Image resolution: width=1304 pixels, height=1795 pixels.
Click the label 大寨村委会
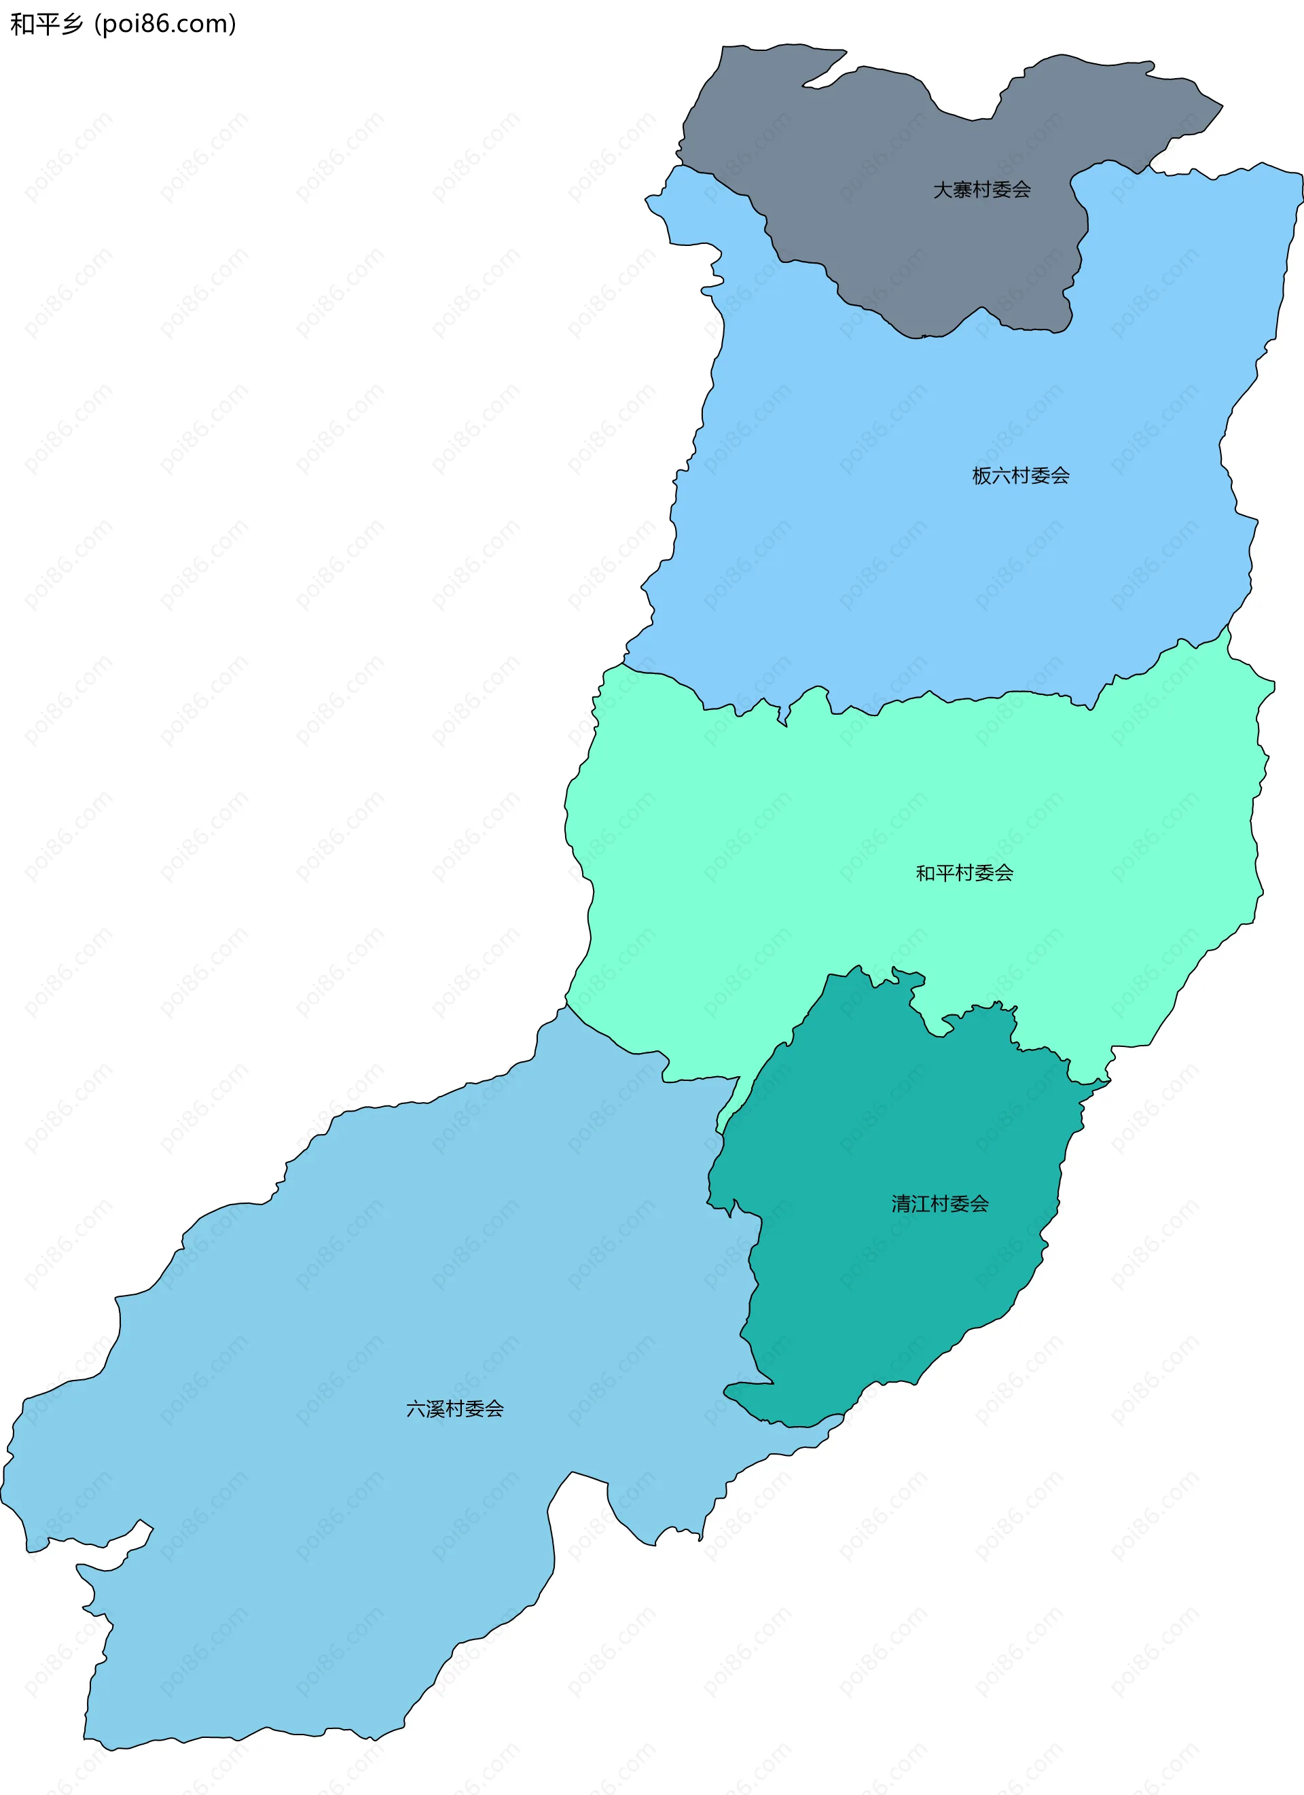click(x=981, y=190)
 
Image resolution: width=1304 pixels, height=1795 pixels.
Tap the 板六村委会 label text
click(x=1020, y=476)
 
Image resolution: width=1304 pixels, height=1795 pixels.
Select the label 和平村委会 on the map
click(x=964, y=873)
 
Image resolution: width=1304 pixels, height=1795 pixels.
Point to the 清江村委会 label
click(x=939, y=1204)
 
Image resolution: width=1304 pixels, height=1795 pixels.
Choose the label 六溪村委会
click(x=454, y=1409)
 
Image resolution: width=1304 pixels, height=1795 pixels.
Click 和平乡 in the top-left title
click(x=46, y=24)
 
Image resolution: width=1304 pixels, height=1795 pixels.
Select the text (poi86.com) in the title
click(x=164, y=24)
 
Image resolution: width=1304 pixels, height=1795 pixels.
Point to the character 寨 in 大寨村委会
click(x=962, y=190)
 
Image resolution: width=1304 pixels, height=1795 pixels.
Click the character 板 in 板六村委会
click(x=981, y=476)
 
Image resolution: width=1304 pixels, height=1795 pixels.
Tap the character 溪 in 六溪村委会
click(x=435, y=1409)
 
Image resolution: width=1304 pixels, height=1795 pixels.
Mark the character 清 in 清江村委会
click(x=901, y=1204)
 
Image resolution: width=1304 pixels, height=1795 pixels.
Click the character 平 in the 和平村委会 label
click(x=945, y=873)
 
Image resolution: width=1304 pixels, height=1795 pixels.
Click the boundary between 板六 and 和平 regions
click(x=949, y=701)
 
